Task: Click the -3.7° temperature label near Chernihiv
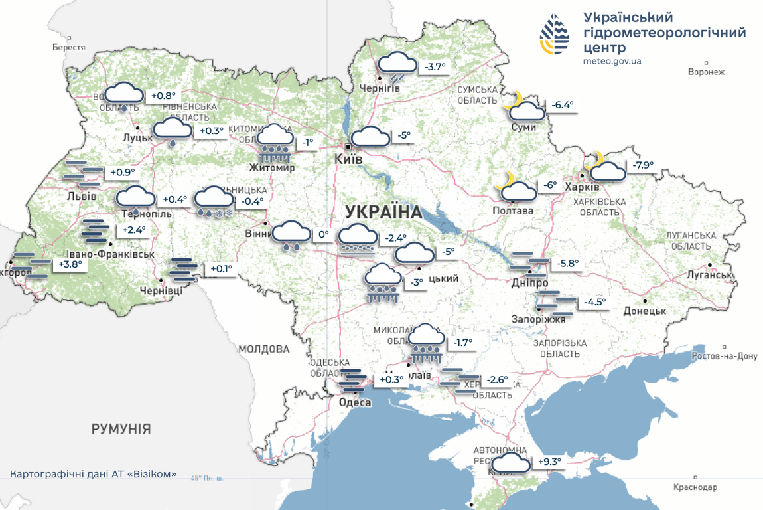435,67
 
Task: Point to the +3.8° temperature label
68,264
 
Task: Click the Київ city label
348,160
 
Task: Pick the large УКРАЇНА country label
383,212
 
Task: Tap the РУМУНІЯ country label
121,429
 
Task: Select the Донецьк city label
645,311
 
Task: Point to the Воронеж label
707,72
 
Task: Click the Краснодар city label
695,487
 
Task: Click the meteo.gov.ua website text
612,61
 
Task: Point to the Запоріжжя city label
539,319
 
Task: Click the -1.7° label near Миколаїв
462,343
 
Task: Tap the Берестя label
69,48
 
